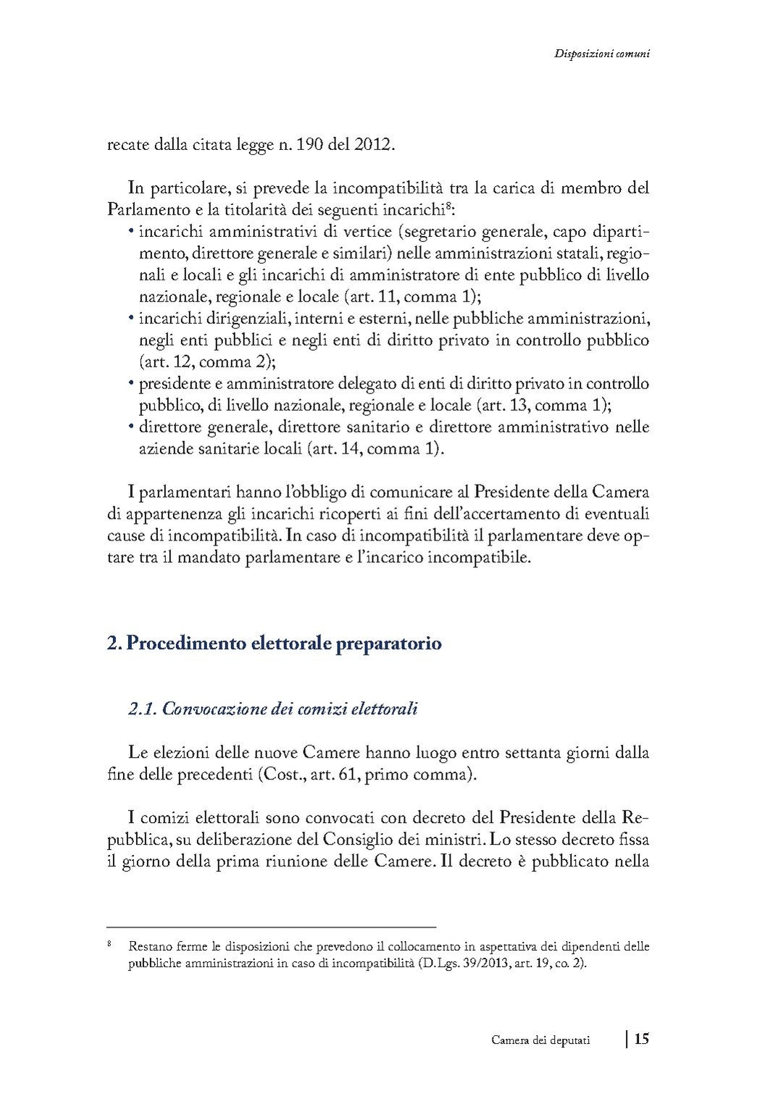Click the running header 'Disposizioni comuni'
pyautogui.click(x=601, y=53)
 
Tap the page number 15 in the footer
pyautogui.click(x=641, y=1039)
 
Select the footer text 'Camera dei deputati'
pyautogui.click(x=540, y=1040)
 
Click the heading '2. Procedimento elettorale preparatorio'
pyautogui.click(x=274, y=643)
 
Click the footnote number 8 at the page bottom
pyautogui.click(x=109, y=945)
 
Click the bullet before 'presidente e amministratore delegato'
pyautogui.click(x=131, y=383)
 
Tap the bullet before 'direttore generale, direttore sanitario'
pyautogui.click(x=131, y=427)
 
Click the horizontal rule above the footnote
pyautogui.click(x=271, y=927)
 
